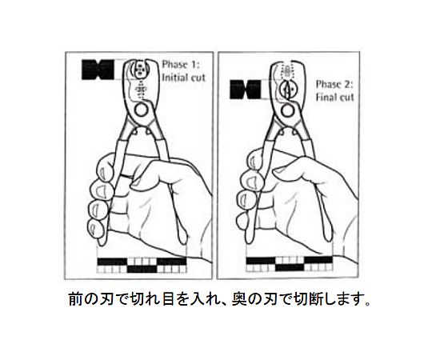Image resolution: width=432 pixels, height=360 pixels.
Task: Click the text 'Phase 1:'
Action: pyautogui.click(x=181, y=65)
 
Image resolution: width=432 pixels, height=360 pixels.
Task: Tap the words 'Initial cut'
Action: pyautogui.click(x=184, y=78)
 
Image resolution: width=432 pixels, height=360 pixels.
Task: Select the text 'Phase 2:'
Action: pyautogui.click(x=334, y=84)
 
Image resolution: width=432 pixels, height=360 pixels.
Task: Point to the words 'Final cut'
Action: pyautogui.click(x=334, y=98)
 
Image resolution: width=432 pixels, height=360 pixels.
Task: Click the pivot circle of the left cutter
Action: pyautogui.click(x=141, y=110)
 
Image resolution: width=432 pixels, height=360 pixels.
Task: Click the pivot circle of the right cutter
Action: pyautogui.click(x=289, y=111)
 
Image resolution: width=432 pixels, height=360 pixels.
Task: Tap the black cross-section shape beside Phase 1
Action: pyautogui.click(x=98, y=70)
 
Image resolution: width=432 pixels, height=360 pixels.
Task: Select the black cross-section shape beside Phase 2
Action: pyautogui.click(x=246, y=90)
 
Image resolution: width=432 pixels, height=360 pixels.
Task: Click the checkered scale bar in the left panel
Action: pyautogui.click(x=142, y=266)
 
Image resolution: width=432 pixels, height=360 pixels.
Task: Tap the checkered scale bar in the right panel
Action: pyautogui.click(x=290, y=263)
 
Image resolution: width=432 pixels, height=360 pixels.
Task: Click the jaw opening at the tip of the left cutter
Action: pyautogui.click(x=141, y=70)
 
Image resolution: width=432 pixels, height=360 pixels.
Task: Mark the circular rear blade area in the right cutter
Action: pyautogui.click(x=288, y=90)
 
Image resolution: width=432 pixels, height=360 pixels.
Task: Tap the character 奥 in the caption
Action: pyautogui.click(x=239, y=299)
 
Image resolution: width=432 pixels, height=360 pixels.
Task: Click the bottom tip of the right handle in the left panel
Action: pyautogui.click(x=183, y=242)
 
